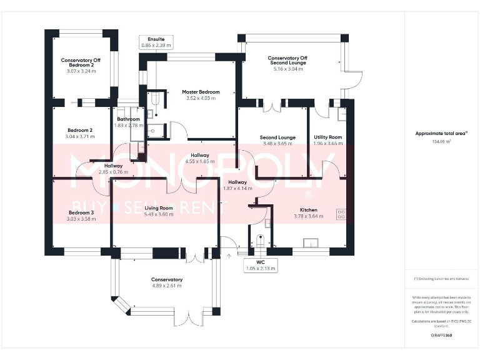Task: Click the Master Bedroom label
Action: (x=201, y=92)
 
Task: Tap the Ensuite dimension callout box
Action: (x=156, y=42)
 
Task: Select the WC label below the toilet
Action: (x=260, y=262)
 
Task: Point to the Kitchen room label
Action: (x=308, y=210)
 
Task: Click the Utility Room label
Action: (x=328, y=137)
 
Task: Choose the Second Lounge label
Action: (x=277, y=137)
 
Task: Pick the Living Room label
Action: (x=159, y=208)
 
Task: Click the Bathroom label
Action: (x=128, y=119)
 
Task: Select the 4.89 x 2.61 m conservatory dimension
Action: (x=167, y=286)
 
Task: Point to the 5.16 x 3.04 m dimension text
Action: (x=288, y=69)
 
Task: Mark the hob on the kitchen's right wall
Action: (x=341, y=214)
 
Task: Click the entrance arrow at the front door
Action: (x=229, y=254)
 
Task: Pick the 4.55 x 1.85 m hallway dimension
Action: (x=200, y=161)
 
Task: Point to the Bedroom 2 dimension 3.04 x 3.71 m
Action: (x=79, y=136)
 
